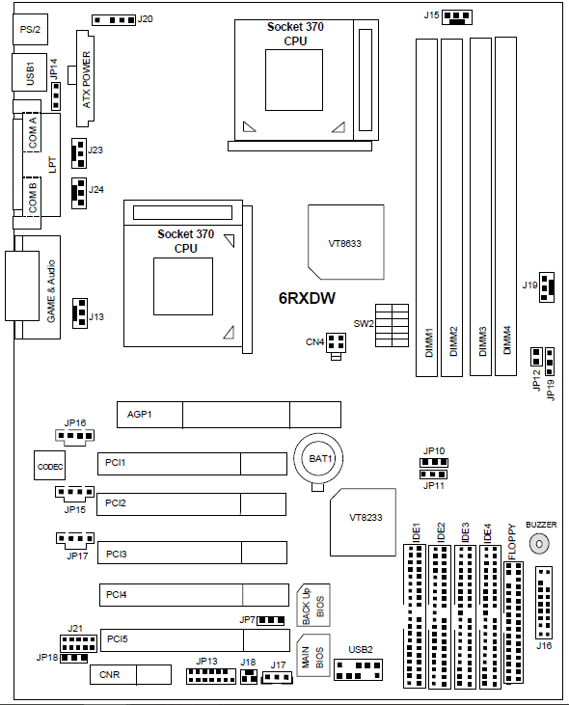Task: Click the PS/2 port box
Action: tap(31, 30)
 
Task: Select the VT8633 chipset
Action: tap(345, 242)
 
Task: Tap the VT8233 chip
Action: tap(364, 522)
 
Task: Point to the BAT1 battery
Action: tap(319, 459)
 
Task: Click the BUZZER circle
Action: tap(539, 544)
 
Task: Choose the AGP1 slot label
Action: tap(139, 414)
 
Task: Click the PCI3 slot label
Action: tap(117, 554)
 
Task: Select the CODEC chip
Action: tap(50, 466)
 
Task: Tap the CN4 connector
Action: tap(336, 344)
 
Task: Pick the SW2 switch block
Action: tap(392, 326)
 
